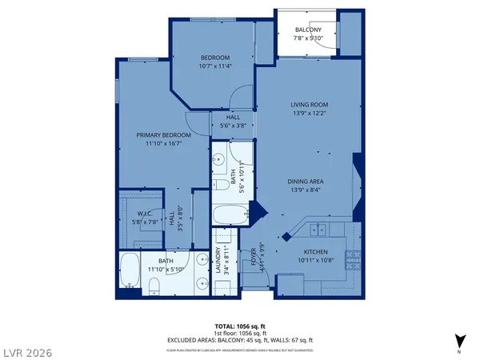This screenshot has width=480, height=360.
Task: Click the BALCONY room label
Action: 308,30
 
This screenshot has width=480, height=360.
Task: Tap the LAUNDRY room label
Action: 218,262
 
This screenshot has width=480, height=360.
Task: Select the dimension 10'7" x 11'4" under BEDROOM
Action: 214,66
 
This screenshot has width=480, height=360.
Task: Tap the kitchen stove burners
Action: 350,259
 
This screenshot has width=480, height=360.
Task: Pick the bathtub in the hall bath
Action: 231,214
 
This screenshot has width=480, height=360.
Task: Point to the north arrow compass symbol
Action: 459,339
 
